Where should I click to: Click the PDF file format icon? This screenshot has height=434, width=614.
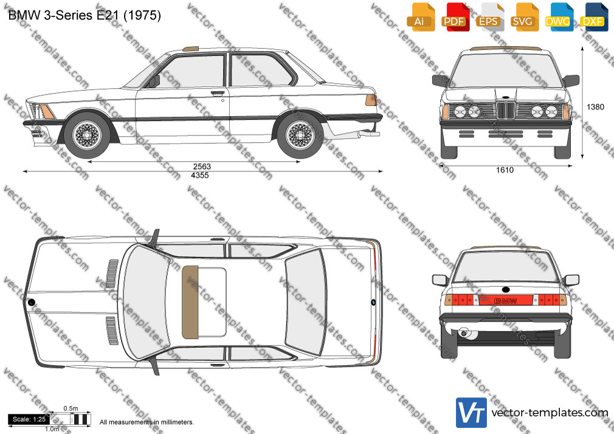pyautogui.click(x=455, y=18)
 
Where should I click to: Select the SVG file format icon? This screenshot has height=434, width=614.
pyautogui.click(x=525, y=18)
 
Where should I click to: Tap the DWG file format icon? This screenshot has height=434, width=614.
pyautogui.click(x=559, y=18)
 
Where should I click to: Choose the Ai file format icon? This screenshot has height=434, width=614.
pyautogui.click(x=421, y=18)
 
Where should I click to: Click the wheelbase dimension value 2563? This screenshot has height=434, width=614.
pyautogui.click(x=202, y=167)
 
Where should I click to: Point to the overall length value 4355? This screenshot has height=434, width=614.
pyautogui.click(x=200, y=175)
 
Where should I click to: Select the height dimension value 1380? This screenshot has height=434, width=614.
pyautogui.click(x=595, y=106)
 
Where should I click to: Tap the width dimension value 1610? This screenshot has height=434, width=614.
pyautogui.click(x=505, y=170)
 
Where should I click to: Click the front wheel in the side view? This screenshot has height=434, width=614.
pyautogui.click(x=87, y=136)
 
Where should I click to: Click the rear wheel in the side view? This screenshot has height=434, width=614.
pyautogui.click(x=300, y=136)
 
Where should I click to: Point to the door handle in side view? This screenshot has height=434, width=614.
pyautogui.click(x=218, y=93)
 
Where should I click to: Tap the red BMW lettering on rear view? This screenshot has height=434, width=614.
pyautogui.click(x=506, y=301)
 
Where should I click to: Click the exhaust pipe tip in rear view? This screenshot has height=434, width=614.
pyautogui.click(x=464, y=333)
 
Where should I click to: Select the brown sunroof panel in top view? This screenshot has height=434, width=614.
pyautogui.click(x=190, y=302)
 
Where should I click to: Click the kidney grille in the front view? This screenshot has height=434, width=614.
pyautogui.click(x=506, y=110)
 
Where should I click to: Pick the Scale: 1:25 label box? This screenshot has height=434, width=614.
pyautogui.click(x=29, y=419)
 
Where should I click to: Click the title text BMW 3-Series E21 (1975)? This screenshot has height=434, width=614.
pyautogui.click(x=85, y=15)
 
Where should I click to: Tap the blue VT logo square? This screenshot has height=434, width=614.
pyautogui.click(x=472, y=413)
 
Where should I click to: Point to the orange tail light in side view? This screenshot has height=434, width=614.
pyautogui.click(x=371, y=100)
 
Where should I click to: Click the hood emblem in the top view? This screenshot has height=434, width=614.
pyautogui.click(x=31, y=302)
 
